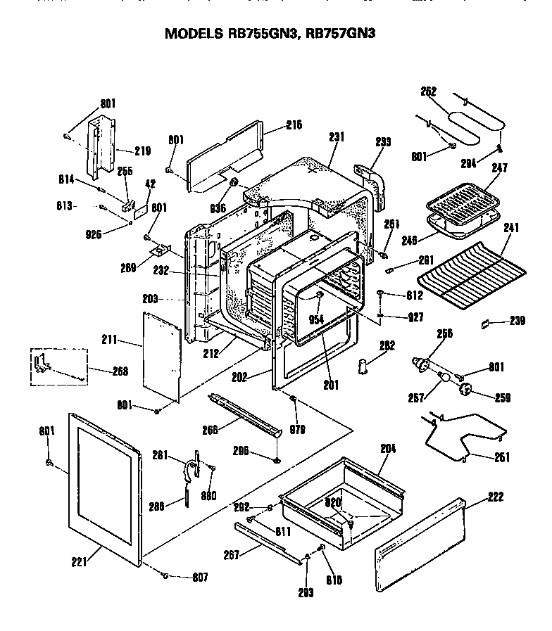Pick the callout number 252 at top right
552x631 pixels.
tap(428, 91)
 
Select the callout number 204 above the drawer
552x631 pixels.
tap(388, 447)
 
